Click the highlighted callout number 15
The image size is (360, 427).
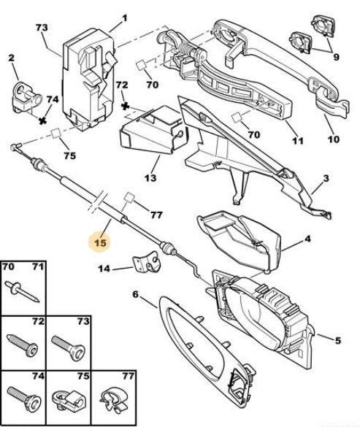click(100, 242)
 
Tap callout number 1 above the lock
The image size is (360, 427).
click(124, 18)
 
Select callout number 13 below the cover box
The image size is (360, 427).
click(150, 178)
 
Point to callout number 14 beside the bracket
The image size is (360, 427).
click(104, 269)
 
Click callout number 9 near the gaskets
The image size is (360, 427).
click(336, 57)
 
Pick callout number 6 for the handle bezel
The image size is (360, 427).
click(135, 294)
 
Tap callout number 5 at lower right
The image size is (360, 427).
click(337, 340)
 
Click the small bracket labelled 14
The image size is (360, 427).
click(147, 263)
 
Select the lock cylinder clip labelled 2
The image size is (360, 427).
click(26, 98)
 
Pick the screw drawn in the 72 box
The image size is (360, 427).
click(23, 345)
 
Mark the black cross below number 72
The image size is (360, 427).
click(125, 106)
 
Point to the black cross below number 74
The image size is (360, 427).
click(42, 120)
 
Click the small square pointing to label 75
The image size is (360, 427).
click(56, 134)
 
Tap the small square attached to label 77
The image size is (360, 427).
click(129, 198)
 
